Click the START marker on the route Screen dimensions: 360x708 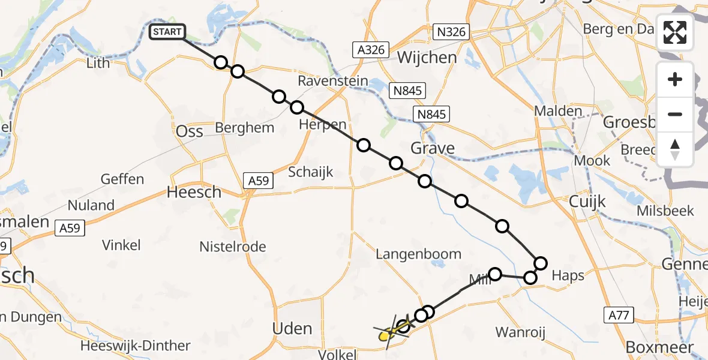(167, 32)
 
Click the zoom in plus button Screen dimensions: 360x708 (675, 79)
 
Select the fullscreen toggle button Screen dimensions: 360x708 (675, 32)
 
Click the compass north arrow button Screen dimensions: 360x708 (675, 149)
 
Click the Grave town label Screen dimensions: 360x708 (433, 148)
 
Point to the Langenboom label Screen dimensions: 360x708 (418, 254)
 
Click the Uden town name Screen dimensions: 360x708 (293, 329)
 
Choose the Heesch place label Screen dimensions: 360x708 (194, 193)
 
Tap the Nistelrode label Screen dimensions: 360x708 (233, 247)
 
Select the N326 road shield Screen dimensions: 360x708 (451, 32)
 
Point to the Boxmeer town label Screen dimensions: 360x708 (659, 347)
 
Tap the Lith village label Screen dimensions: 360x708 (98, 63)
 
